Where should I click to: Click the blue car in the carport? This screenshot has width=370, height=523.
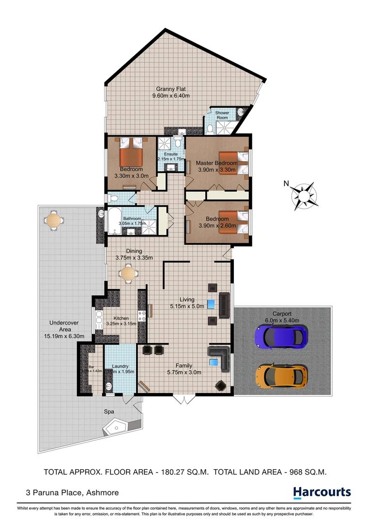tap(281, 336)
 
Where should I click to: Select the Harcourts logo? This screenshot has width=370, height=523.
tap(322, 492)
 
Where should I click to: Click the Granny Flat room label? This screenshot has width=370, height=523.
tap(170, 89)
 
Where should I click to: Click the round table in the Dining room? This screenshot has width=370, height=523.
tap(129, 274)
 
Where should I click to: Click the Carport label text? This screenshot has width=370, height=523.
tap(282, 313)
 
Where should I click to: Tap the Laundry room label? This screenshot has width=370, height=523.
tap(120, 366)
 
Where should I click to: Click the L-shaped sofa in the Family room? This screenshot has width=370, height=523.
tap(220, 357)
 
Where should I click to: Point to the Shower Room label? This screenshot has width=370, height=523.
tap(222, 115)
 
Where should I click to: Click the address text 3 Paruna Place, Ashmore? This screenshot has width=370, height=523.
tap(72, 492)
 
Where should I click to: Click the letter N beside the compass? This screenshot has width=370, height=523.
tap(286, 183)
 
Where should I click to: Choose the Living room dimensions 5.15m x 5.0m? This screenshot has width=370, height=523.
tap(187, 306)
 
